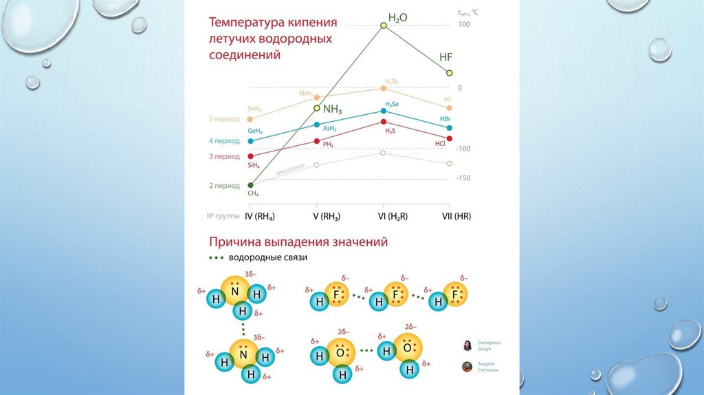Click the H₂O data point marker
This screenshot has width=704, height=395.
pos(384,26)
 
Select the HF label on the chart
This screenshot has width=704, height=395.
pos(446,58)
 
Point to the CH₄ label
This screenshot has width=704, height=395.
pos(253,193)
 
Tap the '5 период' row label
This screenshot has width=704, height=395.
pos(224,119)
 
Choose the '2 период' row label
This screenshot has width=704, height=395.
pos(224,186)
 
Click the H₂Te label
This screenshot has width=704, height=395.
pos(392,82)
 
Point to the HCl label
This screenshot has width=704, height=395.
pos(441,143)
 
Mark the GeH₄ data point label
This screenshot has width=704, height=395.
pos(256,130)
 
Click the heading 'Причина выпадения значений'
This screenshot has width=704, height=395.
pos(298,242)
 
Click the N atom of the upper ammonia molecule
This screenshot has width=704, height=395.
pos(235,292)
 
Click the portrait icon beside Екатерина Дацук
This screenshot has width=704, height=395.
pos(467,345)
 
